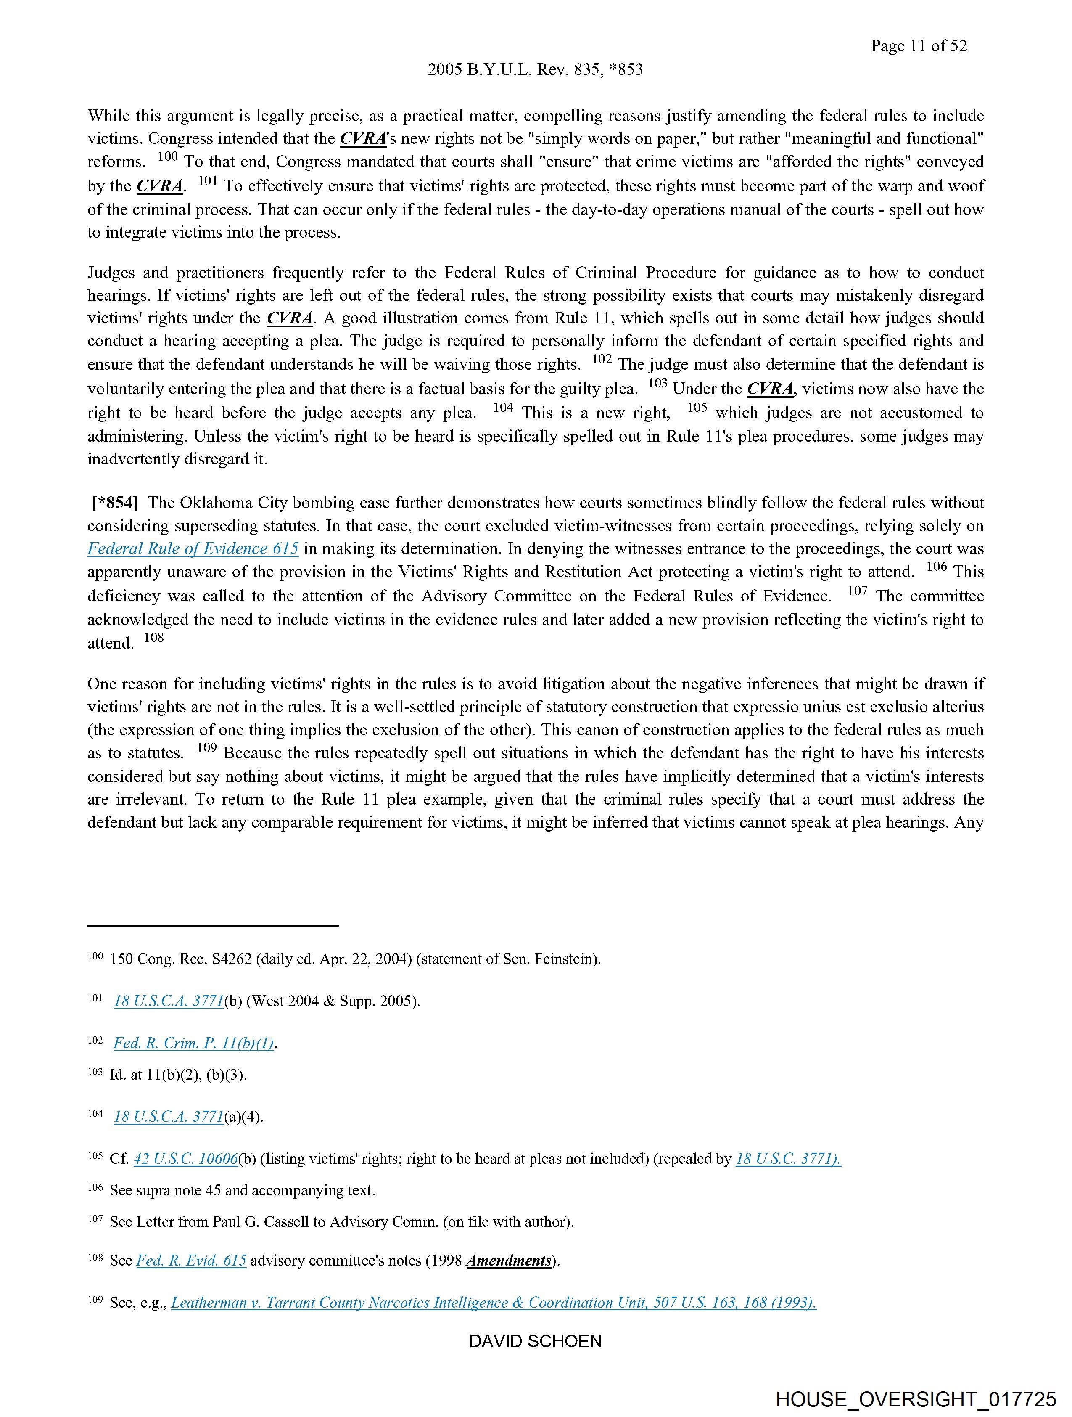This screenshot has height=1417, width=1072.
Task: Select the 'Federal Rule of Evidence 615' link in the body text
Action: pos(193,549)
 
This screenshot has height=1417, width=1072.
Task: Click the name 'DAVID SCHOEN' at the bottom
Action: pos(535,1341)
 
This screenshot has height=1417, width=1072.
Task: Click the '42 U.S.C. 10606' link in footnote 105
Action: pos(186,1158)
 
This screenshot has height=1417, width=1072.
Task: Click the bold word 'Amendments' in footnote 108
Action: pos(509,1260)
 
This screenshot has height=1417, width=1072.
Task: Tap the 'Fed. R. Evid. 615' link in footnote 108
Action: pos(191,1260)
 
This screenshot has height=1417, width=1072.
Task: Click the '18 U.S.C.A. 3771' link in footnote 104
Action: pos(169,1117)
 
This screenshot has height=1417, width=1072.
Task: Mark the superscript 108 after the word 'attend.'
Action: pos(154,637)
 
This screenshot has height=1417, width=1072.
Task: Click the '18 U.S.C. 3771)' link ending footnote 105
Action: pos(788,1158)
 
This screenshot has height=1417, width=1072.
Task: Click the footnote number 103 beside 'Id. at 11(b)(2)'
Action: pos(95,1072)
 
